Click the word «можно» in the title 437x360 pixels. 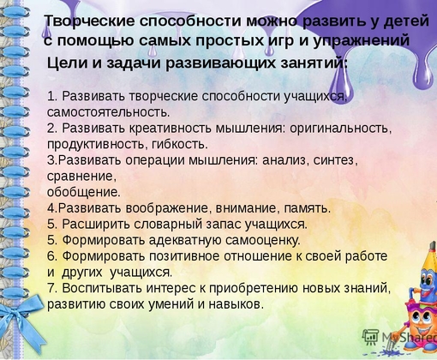click(x=271, y=21)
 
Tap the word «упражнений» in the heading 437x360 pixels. click(x=362, y=41)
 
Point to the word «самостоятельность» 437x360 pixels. click(x=108, y=112)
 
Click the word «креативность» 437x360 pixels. click(x=171, y=128)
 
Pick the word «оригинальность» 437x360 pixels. click(x=340, y=129)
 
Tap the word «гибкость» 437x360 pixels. click(x=180, y=144)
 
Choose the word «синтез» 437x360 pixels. click(x=336, y=160)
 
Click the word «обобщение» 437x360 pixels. click(x=84, y=192)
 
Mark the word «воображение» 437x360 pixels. click(x=169, y=208)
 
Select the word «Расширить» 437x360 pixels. click(x=96, y=225)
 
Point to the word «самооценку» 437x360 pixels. click(x=263, y=240)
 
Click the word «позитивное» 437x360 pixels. click(x=185, y=256)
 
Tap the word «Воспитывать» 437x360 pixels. click(x=102, y=288)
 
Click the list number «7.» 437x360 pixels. click(x=52, y=288)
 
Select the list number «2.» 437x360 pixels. click(x=52, y=128)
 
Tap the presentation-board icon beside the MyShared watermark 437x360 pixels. click(x=370, y=336)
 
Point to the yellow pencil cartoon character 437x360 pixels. click(x=426, y=274)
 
